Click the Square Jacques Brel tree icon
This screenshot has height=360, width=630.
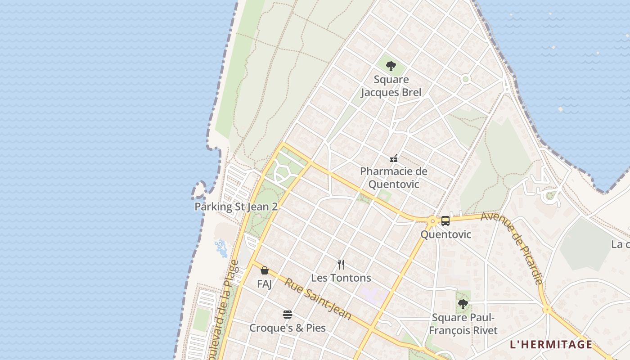click(391, 66)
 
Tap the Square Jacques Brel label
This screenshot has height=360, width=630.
click(391, 86)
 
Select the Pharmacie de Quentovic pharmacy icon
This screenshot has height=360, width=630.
click(394, 158)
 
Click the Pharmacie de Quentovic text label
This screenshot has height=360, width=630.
click(394, 178)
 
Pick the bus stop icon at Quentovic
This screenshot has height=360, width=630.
click(445, 220)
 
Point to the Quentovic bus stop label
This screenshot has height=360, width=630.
click(445, 234)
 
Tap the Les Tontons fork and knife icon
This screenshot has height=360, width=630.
click(341, 265)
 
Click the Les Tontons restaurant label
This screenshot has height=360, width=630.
click(341, 278)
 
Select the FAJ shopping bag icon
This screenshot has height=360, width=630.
click(265, 270)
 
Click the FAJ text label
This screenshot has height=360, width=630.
click(264, 284)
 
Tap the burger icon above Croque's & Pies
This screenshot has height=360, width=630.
click(288, 314)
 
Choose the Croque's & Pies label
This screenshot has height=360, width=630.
click(288, 328)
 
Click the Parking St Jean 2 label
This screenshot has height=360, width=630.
click(236, 207)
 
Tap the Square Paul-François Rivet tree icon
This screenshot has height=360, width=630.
click(463, 304)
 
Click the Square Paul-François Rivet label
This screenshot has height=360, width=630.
click(463, 324)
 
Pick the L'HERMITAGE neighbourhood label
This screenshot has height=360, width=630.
click(551, 345)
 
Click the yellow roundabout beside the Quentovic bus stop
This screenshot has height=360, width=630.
click(432, 221)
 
